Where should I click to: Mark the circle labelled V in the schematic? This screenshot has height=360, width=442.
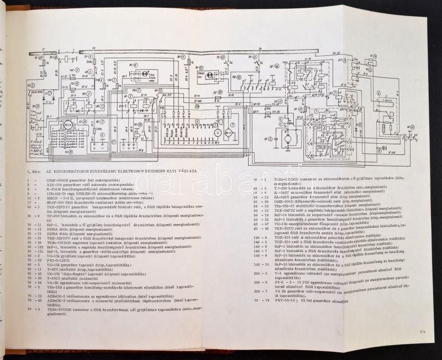click(x=217, y=133)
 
